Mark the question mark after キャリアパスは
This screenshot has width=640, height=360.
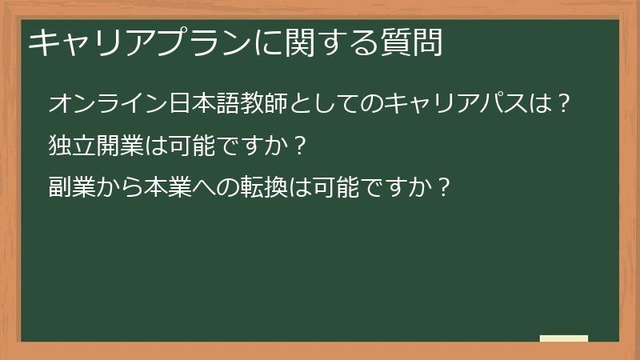(x=565, y=104)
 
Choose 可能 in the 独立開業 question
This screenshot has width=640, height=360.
(x=195, y=146)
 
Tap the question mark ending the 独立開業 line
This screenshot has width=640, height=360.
(x=300, y=146)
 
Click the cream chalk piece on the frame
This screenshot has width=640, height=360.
(x=564, y=338)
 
